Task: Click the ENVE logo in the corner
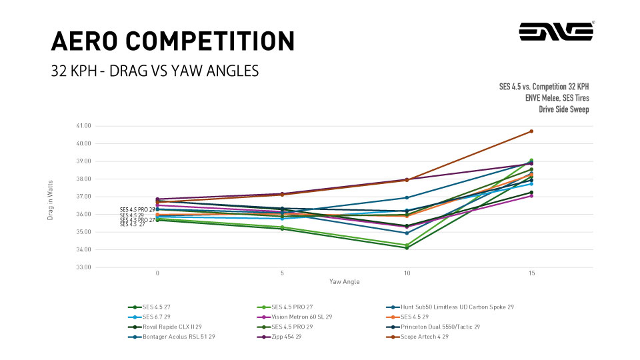(x=556, y=31)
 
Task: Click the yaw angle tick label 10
(x=407, y=273)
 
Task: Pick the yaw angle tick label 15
(x=531, y=273)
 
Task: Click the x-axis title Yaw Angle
(x=344, y=282)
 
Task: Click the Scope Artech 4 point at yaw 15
(x=531, y=131)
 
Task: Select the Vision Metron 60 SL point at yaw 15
(x=531, y=196)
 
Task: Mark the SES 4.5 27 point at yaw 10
(x=407, y=248)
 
